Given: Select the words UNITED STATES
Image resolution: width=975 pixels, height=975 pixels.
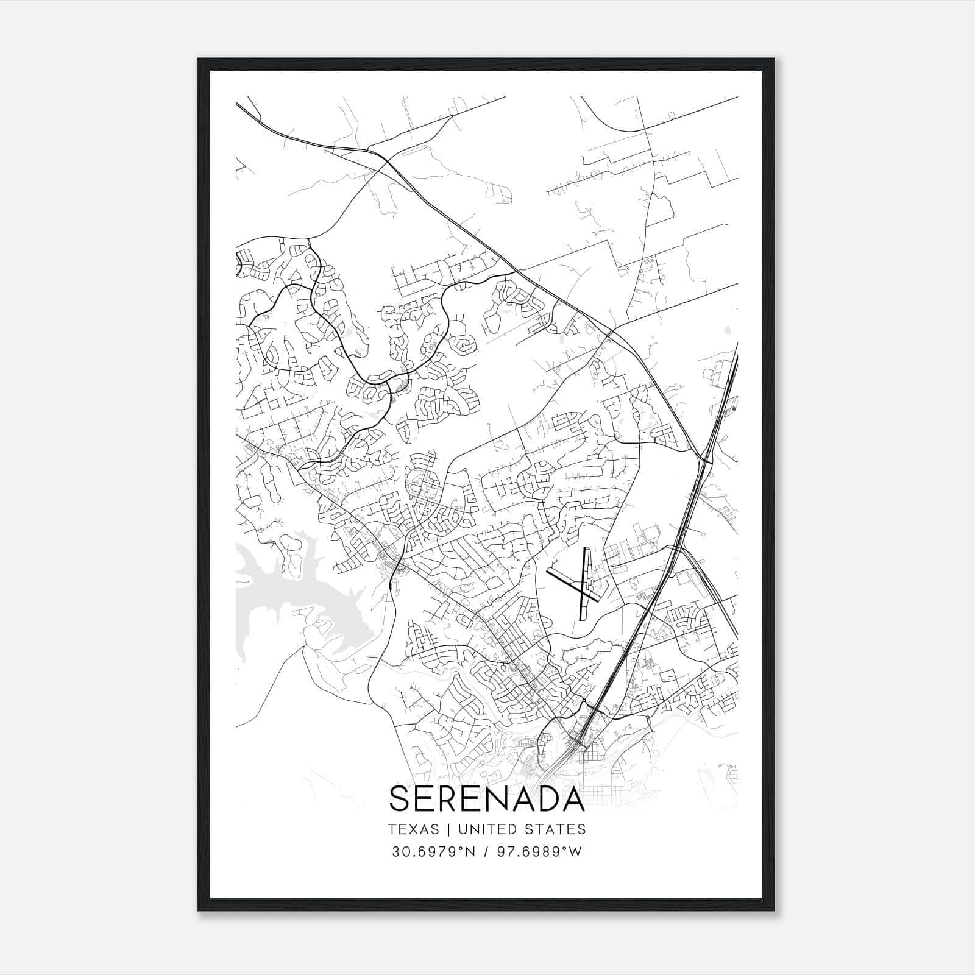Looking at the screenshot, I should pyautogui.click(x=521, y=829).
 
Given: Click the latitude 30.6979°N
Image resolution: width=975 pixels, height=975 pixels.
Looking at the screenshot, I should pyautogui.click(x=430, y=852).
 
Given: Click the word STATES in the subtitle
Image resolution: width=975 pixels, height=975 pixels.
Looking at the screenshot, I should pyautogui.click(x=558, y=829).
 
